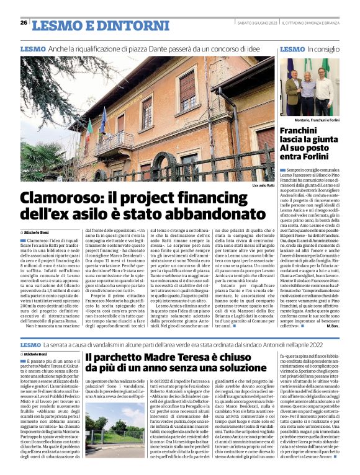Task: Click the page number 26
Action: (24, 23)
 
